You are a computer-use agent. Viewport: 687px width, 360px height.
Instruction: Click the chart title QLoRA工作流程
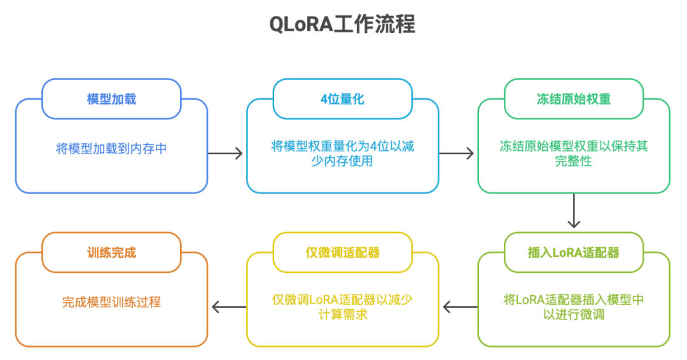point(342,24)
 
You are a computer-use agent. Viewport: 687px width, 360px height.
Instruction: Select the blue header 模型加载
point(111,99)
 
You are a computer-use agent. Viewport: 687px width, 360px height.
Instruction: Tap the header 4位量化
point(342,99)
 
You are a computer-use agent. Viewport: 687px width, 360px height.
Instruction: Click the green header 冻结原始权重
point(574,99)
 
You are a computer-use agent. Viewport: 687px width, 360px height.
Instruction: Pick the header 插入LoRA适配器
point(574,253)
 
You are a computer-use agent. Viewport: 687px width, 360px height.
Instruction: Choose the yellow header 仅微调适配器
point(342,253)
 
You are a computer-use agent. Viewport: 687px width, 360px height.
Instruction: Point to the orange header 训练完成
point(111,253)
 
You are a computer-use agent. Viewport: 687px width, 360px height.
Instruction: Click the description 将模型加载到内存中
point(111,148)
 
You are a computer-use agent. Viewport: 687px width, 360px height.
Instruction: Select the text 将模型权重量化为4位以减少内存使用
point(342,153)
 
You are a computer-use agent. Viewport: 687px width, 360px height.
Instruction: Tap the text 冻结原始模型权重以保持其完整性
point(574,153)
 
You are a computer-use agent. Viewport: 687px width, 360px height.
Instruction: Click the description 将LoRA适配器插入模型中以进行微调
point(574,307)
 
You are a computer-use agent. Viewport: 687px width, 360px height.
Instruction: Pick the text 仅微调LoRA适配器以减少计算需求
point(342,307)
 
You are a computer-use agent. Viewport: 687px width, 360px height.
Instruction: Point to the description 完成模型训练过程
point(111,302)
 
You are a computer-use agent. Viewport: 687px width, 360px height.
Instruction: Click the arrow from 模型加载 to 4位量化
point(225,153)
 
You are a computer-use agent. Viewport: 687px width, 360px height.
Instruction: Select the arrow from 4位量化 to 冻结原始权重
point(456,153)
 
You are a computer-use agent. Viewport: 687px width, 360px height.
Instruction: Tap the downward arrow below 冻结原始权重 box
point(574,211)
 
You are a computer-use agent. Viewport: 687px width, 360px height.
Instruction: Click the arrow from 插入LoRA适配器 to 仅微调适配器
point(461,307)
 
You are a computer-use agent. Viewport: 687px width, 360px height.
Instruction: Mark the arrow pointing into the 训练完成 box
point(229,307)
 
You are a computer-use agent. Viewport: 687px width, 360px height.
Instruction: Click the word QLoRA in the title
point(301,25)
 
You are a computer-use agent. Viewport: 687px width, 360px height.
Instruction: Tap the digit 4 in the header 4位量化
point(324,99)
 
